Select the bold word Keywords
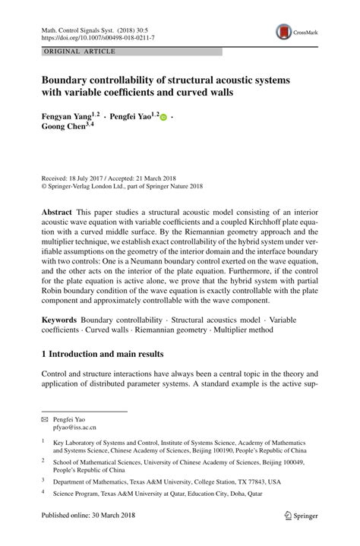(60, 321)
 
